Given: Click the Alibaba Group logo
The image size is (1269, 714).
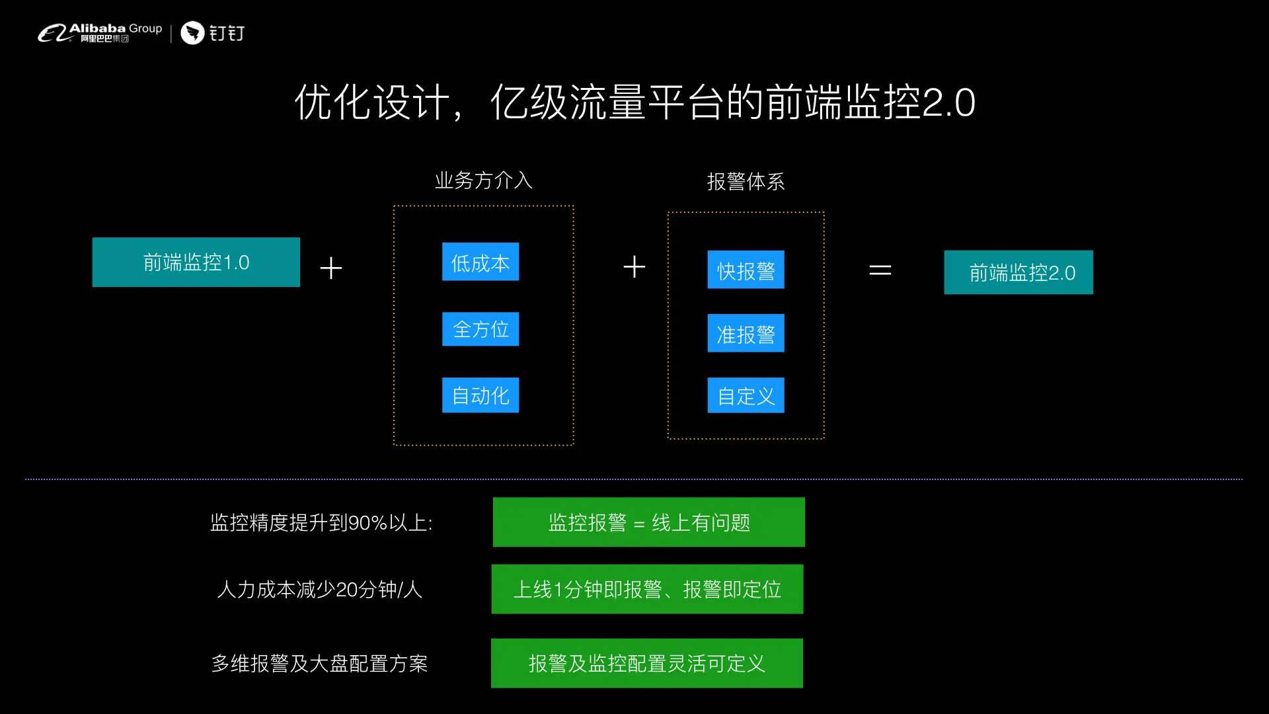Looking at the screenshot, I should click(x=99, y=32).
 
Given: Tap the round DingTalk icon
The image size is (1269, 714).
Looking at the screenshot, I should click(x=192, y=32).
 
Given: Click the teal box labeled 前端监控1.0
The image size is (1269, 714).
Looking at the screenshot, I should click(x=196, y=262).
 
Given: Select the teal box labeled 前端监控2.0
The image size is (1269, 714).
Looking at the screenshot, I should click(x=1018, y=272).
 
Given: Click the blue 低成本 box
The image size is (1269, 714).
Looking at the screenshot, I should click(x=481, y=262).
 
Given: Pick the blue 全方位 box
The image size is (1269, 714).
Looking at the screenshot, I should click(x=481, y=329).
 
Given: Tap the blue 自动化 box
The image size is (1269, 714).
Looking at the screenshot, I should click(x=481, y=395).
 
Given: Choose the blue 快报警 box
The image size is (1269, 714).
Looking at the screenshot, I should click(x=746, y=270).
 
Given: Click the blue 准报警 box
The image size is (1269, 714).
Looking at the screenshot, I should click(x=746, y=333).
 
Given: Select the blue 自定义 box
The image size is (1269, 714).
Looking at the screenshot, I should click(x=746, y=395).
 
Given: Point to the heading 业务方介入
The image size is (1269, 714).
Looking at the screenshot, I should click(x=483, y=180).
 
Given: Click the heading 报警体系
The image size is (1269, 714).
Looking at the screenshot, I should click(x=746, y=181).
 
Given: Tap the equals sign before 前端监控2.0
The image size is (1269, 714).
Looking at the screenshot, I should click(x=880, y=270).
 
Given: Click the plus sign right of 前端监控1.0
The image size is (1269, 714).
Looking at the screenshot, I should click(x=331, y=268).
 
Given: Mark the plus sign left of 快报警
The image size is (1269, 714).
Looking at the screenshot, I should click(x=634, y=267).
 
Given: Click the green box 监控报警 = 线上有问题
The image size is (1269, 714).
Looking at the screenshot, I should click(x=648, y=522).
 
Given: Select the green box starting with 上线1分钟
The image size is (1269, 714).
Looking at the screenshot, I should click(x=647, y=589).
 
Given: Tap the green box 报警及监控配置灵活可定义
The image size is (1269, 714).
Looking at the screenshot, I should click(x=646, y=663).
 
